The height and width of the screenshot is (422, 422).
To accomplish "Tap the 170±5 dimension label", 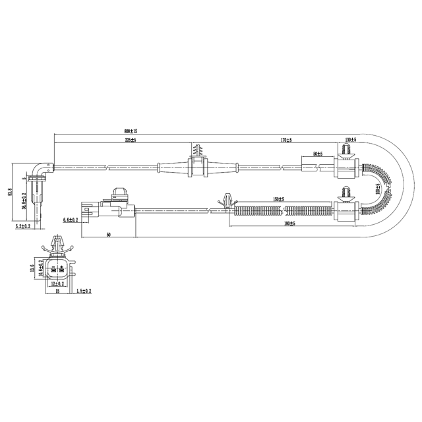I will point(286,140).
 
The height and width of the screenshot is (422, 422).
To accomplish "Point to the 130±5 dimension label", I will point(350,140).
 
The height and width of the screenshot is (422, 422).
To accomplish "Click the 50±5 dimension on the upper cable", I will point(318,154).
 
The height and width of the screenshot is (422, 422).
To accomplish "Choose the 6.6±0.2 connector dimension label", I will point(71,219).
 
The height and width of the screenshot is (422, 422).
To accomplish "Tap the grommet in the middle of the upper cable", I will point(198,167).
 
